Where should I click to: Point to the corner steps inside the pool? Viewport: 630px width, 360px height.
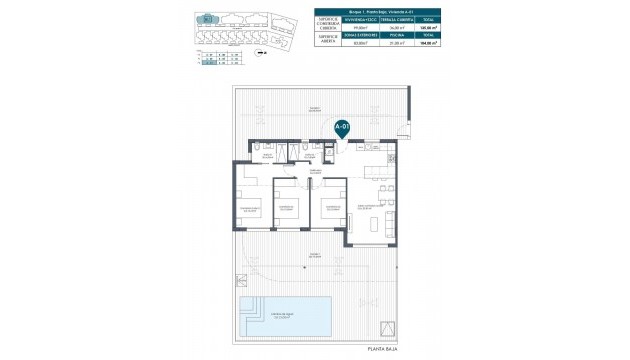(x=249, y=304)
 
